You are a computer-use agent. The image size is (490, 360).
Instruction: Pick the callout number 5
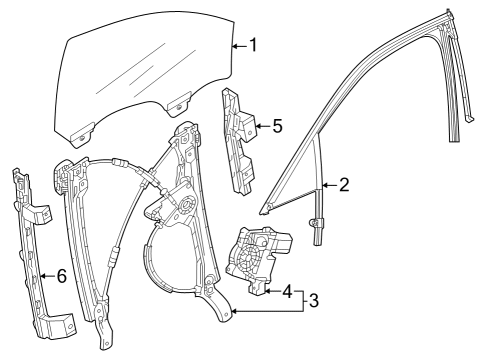(x=277, y=126)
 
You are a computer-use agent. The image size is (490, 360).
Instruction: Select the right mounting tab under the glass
(x=180, y=101)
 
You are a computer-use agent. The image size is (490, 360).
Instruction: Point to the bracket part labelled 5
(x=240, y=140)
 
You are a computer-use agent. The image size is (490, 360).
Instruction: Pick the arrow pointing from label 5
(x=262, y=126)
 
